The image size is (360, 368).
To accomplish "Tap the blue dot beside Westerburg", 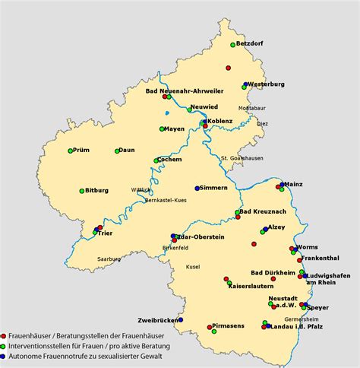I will (x=245, y=84).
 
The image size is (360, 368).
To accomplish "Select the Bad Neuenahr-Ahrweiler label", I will (x=185, y=91).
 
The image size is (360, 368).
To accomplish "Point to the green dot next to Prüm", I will (x=70, y=151).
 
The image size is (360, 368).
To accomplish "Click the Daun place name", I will (x=126, y=150).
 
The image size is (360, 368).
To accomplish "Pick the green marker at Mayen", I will (x=163, y=129).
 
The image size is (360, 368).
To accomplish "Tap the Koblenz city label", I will (x=219, y=121).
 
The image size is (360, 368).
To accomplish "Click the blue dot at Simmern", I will (x=197, y=188).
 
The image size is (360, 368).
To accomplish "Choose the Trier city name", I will (x=105, y=233).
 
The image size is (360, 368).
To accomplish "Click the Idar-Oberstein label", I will (x=201, y=237).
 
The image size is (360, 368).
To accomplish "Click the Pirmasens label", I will (x=229, y=325).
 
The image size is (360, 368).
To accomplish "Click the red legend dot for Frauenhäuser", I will (x=4, y=335).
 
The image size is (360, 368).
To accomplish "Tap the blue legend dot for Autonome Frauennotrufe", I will (x=4, y=355).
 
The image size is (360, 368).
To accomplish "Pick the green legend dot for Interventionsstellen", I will (x=4, y=345).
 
